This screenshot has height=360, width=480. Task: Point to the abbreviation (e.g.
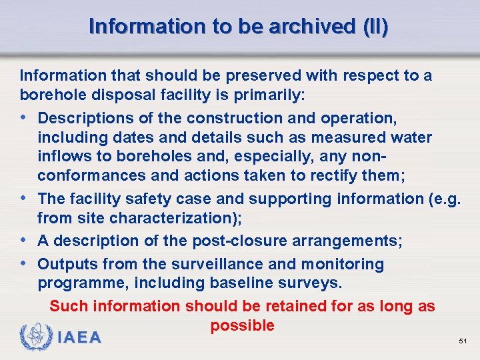(x=442, y=199)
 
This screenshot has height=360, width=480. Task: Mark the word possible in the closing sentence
(x=242, y=326)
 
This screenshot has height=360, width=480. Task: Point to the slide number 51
(x=463, y=341)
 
